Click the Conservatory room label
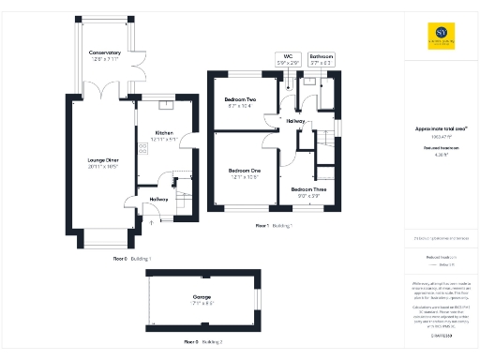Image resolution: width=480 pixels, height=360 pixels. pos(105,52)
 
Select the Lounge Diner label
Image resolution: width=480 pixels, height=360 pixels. pos(104,160)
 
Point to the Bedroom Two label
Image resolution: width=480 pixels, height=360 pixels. pos(240,99)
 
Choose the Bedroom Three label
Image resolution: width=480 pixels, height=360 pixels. pos(307,190)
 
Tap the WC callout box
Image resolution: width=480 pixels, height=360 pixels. pos(289,59)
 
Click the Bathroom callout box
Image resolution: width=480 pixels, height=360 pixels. pos(322,59)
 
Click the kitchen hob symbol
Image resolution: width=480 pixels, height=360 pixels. pos(143,148)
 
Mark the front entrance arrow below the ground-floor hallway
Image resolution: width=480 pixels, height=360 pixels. pos(152,223)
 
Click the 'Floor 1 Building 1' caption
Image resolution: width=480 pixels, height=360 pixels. pos(274,226)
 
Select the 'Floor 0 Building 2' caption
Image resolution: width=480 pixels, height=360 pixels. pos(202,341)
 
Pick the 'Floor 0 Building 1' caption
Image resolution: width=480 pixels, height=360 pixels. pos(132,258)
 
